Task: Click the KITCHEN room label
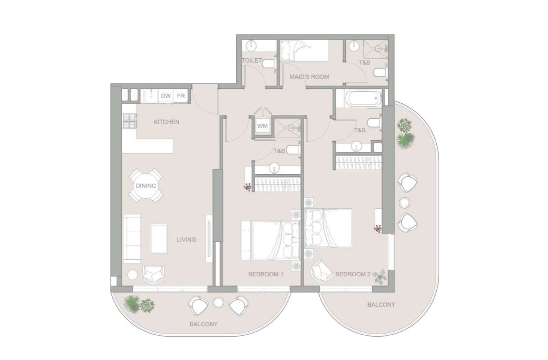tap(166, 122)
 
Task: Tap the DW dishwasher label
tap(166, 96)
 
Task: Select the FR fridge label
tap(181, 96)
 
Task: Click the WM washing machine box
tap(262, 126)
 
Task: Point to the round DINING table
tap(146, 186)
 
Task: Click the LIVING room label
tap(186, 240)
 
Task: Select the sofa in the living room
tap(132, 239)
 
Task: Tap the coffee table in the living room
tap(159, 238)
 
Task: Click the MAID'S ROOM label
tap(309, 77)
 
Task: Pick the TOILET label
tap(252, 60)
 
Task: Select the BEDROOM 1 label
tap(265, 274)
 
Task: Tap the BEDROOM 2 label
tap(353, 274)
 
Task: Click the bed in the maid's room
tap(305, 50)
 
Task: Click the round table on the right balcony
tap(404, 202)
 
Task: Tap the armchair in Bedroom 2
tap(322, 270)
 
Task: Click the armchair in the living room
tap(153, 275)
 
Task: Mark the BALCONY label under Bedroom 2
tap(381, 304)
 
